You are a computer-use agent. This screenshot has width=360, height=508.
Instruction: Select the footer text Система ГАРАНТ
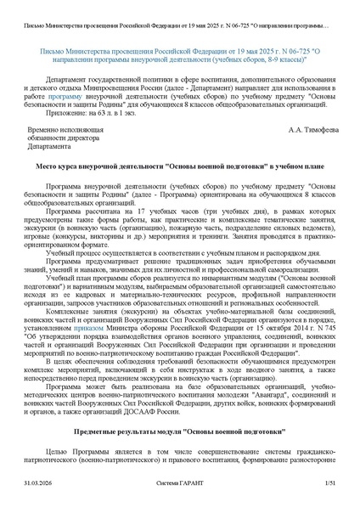pos(179,483)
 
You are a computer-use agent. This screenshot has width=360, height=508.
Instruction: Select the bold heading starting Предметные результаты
pos(179,432)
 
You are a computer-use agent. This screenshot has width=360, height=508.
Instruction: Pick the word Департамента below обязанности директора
pos(49,146)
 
